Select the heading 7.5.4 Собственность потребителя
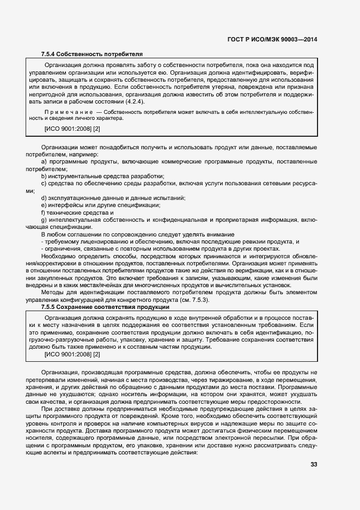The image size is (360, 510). pos(92,54)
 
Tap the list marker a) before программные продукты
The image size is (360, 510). pos(44,162)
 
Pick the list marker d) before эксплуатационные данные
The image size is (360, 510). pos(44,197)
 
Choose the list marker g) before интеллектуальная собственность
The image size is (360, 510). pos(44,219)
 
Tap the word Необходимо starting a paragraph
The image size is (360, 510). pos(57,256)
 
